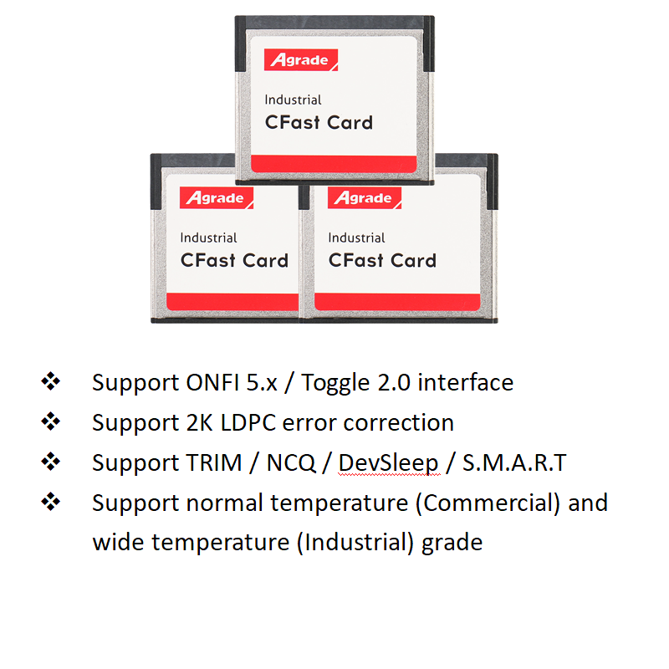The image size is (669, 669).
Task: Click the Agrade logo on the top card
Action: pos(301,60)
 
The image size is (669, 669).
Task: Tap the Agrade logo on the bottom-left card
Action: pos(217,198)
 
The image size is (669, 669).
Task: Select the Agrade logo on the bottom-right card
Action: pos(365,198)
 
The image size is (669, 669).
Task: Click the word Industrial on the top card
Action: pos(293,100)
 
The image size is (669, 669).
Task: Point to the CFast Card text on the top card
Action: pos(319,122)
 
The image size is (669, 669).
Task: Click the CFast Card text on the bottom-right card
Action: pos(382,260)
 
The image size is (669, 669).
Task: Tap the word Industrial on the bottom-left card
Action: pos(208,238)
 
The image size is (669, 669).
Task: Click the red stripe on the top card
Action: pos(334,164)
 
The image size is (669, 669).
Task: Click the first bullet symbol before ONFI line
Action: pos(51,382)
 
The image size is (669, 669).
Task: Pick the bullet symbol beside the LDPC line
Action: pos(51,422)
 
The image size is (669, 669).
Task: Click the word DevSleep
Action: pos(388,463)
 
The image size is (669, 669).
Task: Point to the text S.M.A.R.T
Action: pos(514,463)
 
